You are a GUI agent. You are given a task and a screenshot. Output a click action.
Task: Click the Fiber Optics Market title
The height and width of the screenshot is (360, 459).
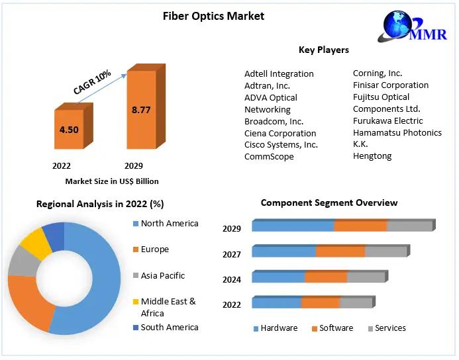[213, 16]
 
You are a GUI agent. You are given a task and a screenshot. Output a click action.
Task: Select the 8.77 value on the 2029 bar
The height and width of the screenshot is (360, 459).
[141, 110]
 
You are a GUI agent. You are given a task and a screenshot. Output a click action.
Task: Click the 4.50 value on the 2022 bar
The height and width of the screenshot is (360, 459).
[69, 130]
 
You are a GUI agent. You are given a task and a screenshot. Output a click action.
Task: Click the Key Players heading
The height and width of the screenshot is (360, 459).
[323, 50]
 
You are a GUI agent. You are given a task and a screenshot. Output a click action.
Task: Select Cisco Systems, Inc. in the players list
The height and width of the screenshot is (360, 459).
[281, 144]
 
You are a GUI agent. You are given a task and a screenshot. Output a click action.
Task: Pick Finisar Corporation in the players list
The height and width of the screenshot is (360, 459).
[390, 85]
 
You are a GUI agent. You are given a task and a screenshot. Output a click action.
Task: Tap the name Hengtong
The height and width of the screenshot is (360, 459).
[372, 156]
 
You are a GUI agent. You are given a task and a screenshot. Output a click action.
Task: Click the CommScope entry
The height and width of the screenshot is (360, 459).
[269, 157]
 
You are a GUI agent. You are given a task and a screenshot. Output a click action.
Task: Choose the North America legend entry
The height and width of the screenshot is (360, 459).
[169, 224]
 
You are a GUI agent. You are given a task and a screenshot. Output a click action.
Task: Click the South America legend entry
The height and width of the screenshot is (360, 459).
[169, 327]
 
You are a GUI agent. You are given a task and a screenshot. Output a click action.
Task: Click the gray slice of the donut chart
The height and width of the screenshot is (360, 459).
[23, 261]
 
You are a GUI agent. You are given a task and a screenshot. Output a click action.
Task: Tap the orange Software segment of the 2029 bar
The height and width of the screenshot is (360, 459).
[360, 226]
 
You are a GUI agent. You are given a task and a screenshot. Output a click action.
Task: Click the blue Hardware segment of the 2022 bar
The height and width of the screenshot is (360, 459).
[276, 302]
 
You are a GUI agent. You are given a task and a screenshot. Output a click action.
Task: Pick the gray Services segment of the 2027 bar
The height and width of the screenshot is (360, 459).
[385, 251]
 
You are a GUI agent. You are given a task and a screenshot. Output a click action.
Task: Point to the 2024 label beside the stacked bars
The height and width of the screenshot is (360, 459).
[231, 279]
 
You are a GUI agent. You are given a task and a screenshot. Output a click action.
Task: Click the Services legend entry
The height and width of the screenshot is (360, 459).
[390, 328]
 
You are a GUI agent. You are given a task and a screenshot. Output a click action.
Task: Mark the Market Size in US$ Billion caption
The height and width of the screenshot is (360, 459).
[112, 181]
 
